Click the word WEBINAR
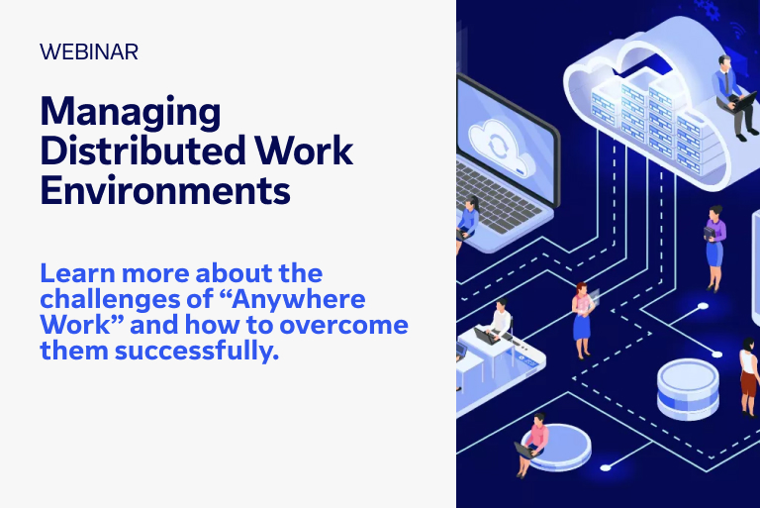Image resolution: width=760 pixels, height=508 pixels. pos(89,51)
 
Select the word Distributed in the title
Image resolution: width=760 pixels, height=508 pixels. pos(142,151)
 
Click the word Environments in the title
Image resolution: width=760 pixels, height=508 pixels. pos(165,190)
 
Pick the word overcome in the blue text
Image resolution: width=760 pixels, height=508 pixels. pos(343,325)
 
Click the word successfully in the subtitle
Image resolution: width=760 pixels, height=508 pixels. pos(197,351)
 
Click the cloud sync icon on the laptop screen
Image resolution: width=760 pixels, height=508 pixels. pos(502,146)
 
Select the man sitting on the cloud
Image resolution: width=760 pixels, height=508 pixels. pos(733,97)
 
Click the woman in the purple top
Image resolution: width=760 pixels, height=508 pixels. pos(714,249)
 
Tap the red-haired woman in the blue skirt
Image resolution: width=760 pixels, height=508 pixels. pos(582,320)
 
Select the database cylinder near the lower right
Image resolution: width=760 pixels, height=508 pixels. pos(688,388)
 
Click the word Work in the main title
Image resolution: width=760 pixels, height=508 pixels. pos(304,151)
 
